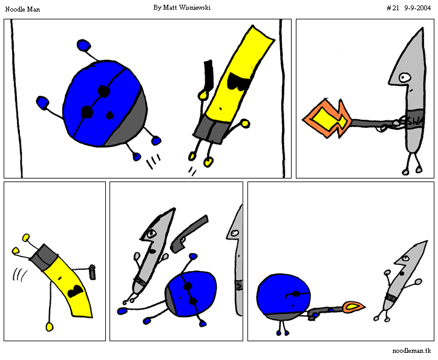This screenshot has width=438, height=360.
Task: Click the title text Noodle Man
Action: coord(22,9)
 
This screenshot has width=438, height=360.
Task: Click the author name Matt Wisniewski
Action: coord(186,7)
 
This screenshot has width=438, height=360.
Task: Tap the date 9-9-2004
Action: coord(417,8)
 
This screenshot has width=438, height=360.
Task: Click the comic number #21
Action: coord(393,8)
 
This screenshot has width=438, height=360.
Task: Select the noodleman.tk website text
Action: coord(411,350)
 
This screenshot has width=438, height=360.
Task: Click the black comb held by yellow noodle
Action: coord(208,75)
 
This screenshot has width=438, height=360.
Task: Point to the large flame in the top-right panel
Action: coord(327,118)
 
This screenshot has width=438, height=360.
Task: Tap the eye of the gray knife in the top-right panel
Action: coord(404,77)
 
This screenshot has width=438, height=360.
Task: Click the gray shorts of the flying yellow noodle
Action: coord(210,130)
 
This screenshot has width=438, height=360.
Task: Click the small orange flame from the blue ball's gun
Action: coord(354,307)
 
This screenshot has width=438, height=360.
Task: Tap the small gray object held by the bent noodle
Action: coord(92,272)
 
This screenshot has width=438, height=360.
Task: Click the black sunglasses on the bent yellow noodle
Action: coord(75,291)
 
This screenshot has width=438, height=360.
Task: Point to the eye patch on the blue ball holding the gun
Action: coord(296,294)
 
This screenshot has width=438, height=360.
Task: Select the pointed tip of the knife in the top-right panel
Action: coord(422,28)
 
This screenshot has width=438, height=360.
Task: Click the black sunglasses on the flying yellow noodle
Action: coord(238,82)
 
